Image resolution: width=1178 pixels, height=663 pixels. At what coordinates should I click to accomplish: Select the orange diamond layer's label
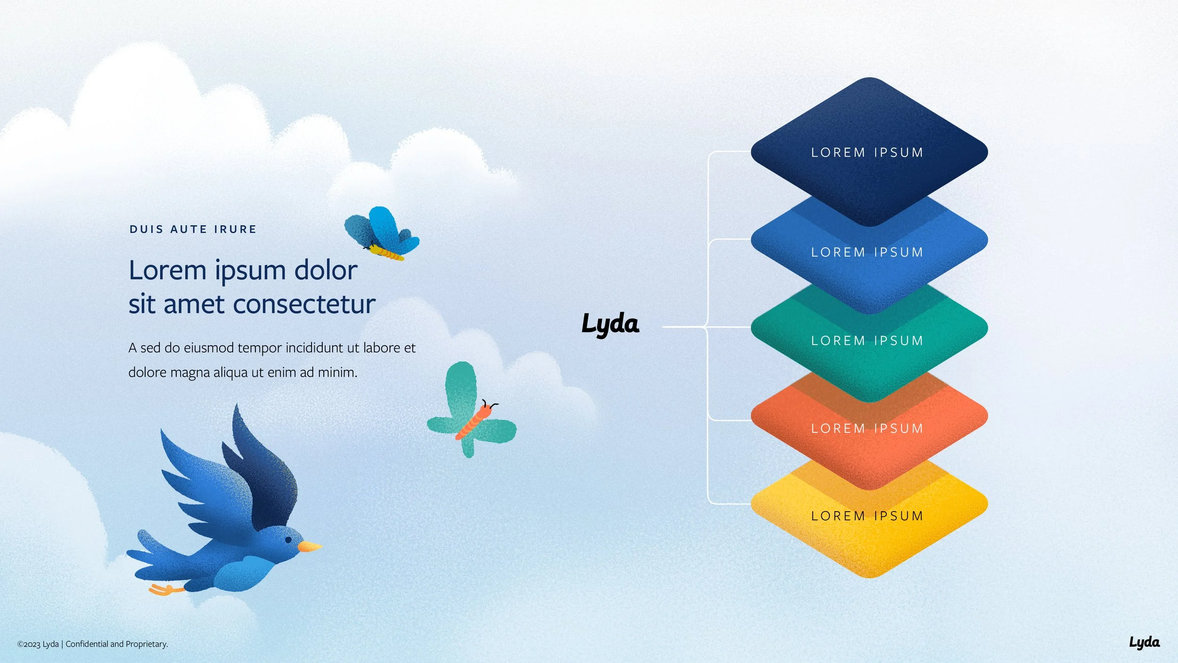(867, 428)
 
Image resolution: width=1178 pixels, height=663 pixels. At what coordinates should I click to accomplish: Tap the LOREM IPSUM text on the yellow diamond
(867, 516)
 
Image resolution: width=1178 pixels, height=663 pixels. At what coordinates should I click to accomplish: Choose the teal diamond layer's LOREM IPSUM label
(867, 340)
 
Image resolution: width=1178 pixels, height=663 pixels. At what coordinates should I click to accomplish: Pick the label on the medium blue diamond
(867, 252)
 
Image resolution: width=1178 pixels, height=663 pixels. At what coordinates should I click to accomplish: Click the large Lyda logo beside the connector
(610, 324)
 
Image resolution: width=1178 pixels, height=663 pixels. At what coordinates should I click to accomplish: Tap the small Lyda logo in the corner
(1145, 642)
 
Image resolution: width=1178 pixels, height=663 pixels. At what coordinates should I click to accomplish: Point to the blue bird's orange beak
(310, 547)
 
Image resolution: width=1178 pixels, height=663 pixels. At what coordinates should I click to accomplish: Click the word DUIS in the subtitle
(146, 230)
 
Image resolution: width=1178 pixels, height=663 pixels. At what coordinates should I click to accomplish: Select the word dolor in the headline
(326, 271)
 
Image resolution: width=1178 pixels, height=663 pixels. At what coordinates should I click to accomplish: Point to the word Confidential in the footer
(87, 644)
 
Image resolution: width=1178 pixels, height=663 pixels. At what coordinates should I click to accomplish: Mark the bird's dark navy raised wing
(264, 476)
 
